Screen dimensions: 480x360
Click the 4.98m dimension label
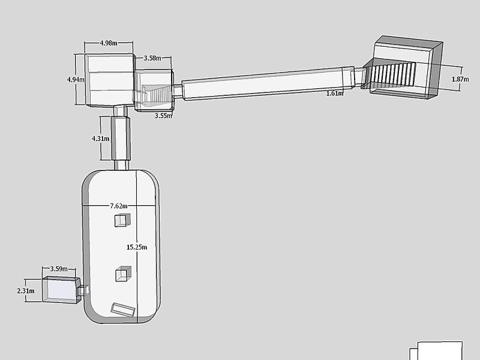coord(109,43)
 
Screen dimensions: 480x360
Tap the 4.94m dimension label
coord(76,80)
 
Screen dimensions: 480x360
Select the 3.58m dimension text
coord(152,58)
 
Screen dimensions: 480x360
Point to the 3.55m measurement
coord(163,116)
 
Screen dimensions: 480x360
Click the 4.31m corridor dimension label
coord(100,139)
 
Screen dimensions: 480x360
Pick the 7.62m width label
coord(119,206)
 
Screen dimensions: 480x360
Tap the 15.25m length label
coord(137,247)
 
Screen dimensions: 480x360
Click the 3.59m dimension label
coord(59,269)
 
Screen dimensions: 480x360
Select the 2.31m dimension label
coord(26,291)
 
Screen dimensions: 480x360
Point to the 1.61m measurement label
coord(335,94)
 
